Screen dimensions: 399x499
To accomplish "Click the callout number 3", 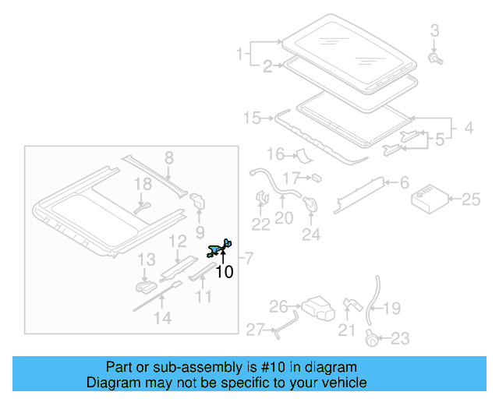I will (x=435, y=31).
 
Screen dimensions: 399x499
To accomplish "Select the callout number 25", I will (x=471, y=199).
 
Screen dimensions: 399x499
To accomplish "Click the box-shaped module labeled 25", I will (x=427, y=199).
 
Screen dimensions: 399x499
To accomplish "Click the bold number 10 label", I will (x=224, y=272).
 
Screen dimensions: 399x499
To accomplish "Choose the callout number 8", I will (x=168, y=159).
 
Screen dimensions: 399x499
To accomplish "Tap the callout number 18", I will (x=141, y=184).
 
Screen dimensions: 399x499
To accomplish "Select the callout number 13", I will (x=147, y=260).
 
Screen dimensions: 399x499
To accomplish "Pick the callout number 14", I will (x=161, y=317).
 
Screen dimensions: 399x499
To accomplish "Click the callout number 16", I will (x=276, y=154).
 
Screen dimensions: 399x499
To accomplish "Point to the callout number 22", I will (x=260, y=224).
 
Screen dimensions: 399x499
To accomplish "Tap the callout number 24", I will (x=311, y=233).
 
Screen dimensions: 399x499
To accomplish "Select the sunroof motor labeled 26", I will (x=317, y=308).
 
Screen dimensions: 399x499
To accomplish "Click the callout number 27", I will (x=256, y=330).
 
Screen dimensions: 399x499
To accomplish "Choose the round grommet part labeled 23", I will (x=373, y=337).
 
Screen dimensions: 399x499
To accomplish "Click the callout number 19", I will (x=391, y=309).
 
